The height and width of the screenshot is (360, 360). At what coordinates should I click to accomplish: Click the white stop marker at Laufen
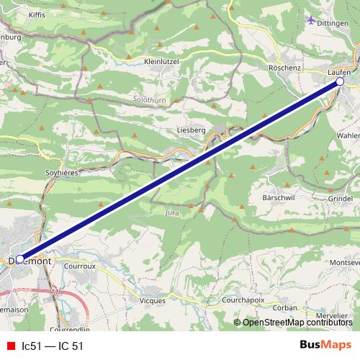[x=340, y=83]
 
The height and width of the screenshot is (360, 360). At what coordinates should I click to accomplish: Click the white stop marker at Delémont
[x=19, y=258]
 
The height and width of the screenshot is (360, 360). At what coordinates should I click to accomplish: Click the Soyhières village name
[x=61, y=173]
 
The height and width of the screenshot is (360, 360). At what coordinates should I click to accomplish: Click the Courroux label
[x=79, y=265]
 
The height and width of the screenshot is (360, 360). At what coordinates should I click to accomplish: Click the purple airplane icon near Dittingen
[x=311, y=20]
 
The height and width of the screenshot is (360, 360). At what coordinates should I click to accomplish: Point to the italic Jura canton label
[x=171, y=213]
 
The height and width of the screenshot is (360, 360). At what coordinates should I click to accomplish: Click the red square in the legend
[x=10, y=346]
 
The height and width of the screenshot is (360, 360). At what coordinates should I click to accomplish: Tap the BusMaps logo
[x=325, y=345]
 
